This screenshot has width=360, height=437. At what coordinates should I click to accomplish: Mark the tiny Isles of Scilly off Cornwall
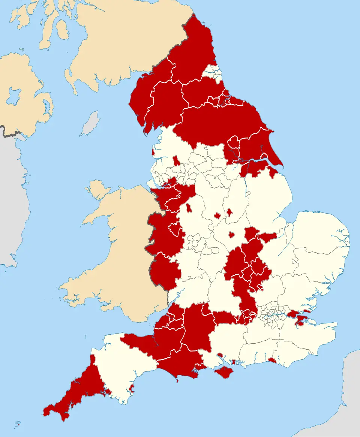click(x=18, y=425)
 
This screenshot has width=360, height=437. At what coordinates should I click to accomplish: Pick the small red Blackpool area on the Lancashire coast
click(x=153, y=153)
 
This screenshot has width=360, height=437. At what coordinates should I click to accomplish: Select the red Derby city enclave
click(x=217, y=216)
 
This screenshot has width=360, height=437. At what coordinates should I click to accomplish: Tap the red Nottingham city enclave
click(x=229, y=213)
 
